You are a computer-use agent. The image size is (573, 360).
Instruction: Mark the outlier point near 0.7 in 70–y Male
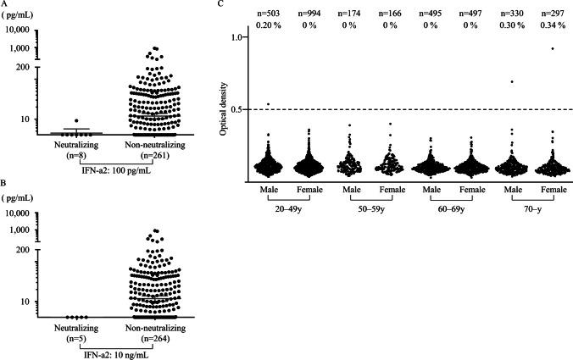pos(511,81)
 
